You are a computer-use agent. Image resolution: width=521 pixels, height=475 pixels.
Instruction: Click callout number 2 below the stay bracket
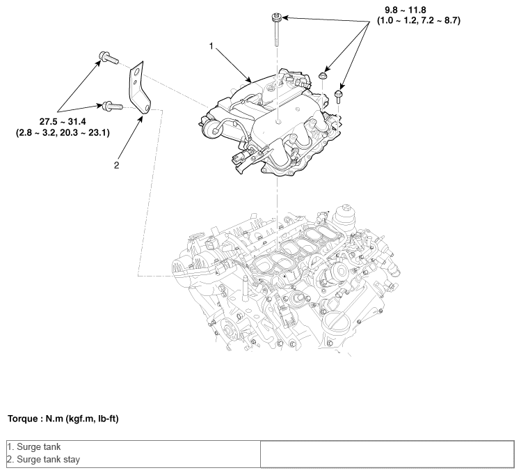tap(116, 165)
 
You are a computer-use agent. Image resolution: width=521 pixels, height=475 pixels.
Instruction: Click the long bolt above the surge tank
tap(277, 28)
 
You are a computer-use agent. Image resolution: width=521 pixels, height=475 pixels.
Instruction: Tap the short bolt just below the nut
tap(339, 93)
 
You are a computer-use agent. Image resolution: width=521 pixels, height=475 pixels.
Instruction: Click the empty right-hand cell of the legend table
tap(386, 453)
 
